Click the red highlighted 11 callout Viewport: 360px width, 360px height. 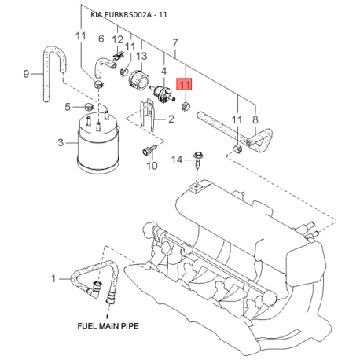tap(185, 84)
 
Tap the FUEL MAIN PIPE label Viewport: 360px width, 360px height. tap(108, 326)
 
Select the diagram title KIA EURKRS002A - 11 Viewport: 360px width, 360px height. tap(129, 15)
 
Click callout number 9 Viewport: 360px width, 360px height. tap(26, 74)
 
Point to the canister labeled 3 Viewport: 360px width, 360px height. tap(98, 141)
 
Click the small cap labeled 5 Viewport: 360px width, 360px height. tap(89, 107)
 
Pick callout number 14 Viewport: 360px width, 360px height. tap(177, 160)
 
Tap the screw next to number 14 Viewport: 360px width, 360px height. tap(198, 160)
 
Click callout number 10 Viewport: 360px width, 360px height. tap(152, 166)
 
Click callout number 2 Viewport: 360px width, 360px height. tap(171, 119)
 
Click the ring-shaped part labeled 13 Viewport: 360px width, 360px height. tap(139, 80)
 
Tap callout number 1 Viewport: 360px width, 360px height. tap(53, 278)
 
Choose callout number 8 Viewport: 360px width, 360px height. tap(255, 119)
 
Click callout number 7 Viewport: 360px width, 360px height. tap(175, 42)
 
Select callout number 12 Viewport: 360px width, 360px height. tap(117, 40)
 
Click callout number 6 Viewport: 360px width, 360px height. tap(101, 39)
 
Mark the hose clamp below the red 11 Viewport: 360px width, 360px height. tap(186, 107)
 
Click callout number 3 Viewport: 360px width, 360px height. tap(61, 143)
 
